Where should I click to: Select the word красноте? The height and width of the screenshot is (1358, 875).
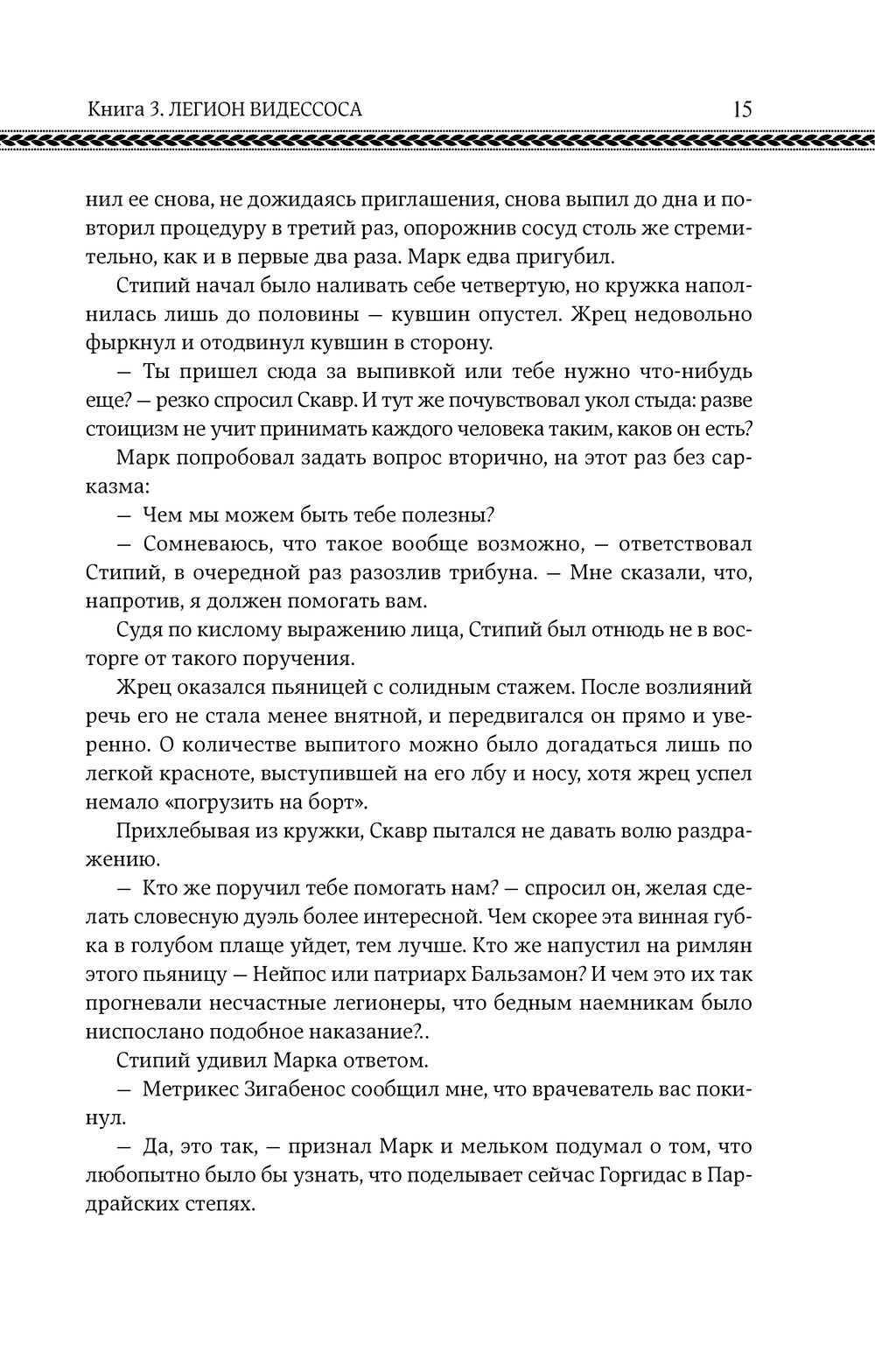tap(209, 773)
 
